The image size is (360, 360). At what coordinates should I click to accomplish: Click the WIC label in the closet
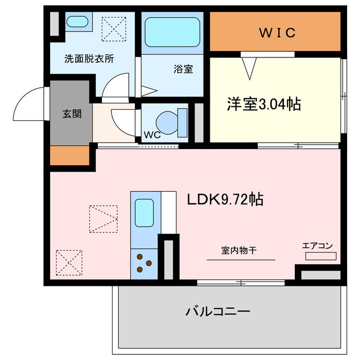pyautogui.click(x=277, y=33)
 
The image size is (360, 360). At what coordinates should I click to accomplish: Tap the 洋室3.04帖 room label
pyautogui.click(x=263, y=104)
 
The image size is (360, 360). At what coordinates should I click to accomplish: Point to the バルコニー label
pyautogui.click(x=217, y=311)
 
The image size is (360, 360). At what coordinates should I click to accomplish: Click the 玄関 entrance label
pyautogui.click(x=71, y=114)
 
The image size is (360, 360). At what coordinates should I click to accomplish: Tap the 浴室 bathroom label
pyautogui.click(x=183, y=69)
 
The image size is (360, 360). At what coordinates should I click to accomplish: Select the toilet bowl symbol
pyautogui.click(x=168, y=120)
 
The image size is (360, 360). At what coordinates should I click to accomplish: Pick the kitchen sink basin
pyautogui.click(x=144, y=213)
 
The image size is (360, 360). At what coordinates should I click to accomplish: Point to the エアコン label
pyautogui.click(x=318, y=245)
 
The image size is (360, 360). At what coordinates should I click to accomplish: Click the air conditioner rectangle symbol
pyautogui.click(x=321, y=256)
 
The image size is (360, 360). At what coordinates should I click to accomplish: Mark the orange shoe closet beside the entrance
pyautogui.click(x=70, y=155)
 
